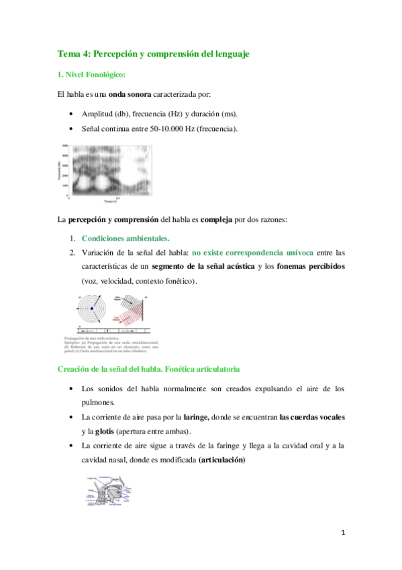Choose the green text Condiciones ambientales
tap(125, 238)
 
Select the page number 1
tap(343, 533)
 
